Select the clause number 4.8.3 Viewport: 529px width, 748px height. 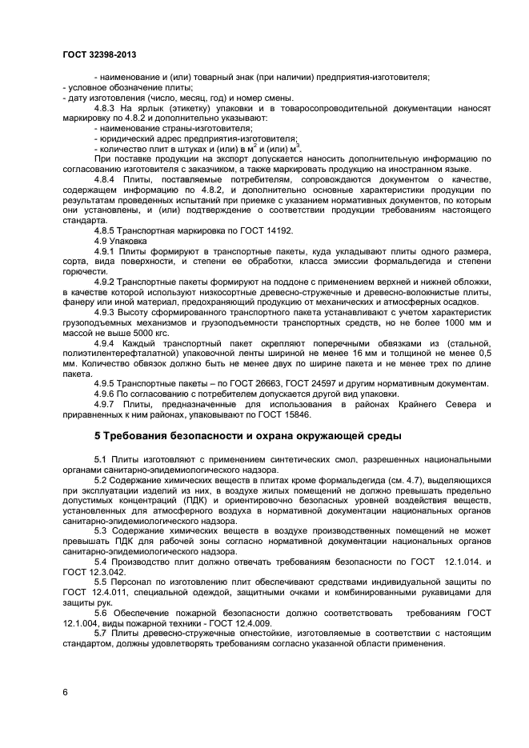pos(106,107)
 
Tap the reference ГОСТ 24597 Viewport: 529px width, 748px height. pos(305,384)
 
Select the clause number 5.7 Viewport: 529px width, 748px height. pos(101,634)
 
